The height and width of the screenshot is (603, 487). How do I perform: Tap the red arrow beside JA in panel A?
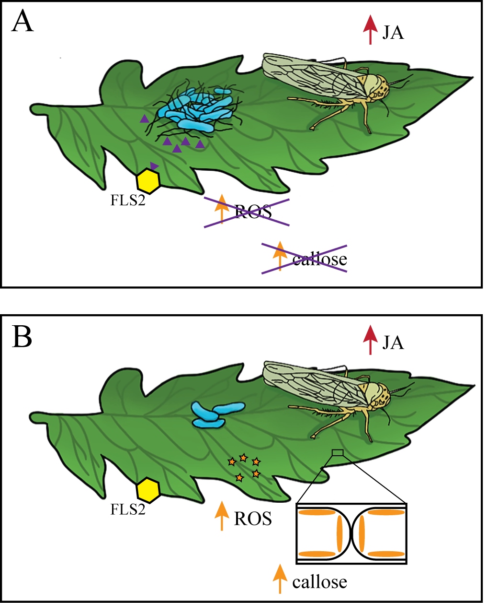pyautogui.click(x=370, y=29)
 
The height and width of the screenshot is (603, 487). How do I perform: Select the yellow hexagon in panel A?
pyautogui.click(x=148, y=181)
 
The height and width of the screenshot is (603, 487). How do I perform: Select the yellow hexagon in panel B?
pyautogui.click(x=148, y=490)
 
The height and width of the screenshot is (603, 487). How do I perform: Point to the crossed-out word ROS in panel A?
pyautogui.click(x=253, y=211)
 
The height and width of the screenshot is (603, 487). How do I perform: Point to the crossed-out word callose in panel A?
pyautogui.click(x=319, y=260)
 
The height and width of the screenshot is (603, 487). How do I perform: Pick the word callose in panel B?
pyautogui.click(x=319, y=582)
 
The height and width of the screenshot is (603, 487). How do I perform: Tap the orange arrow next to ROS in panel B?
pyautogui.click(x=221, y=516)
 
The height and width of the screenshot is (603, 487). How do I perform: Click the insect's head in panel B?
pyautogui.click(x=375, y=396)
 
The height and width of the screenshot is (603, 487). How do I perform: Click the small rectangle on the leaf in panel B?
pyautogui.click(x=338, y=452)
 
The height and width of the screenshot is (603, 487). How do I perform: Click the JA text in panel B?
pyautogui.click(x=393, y=343)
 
